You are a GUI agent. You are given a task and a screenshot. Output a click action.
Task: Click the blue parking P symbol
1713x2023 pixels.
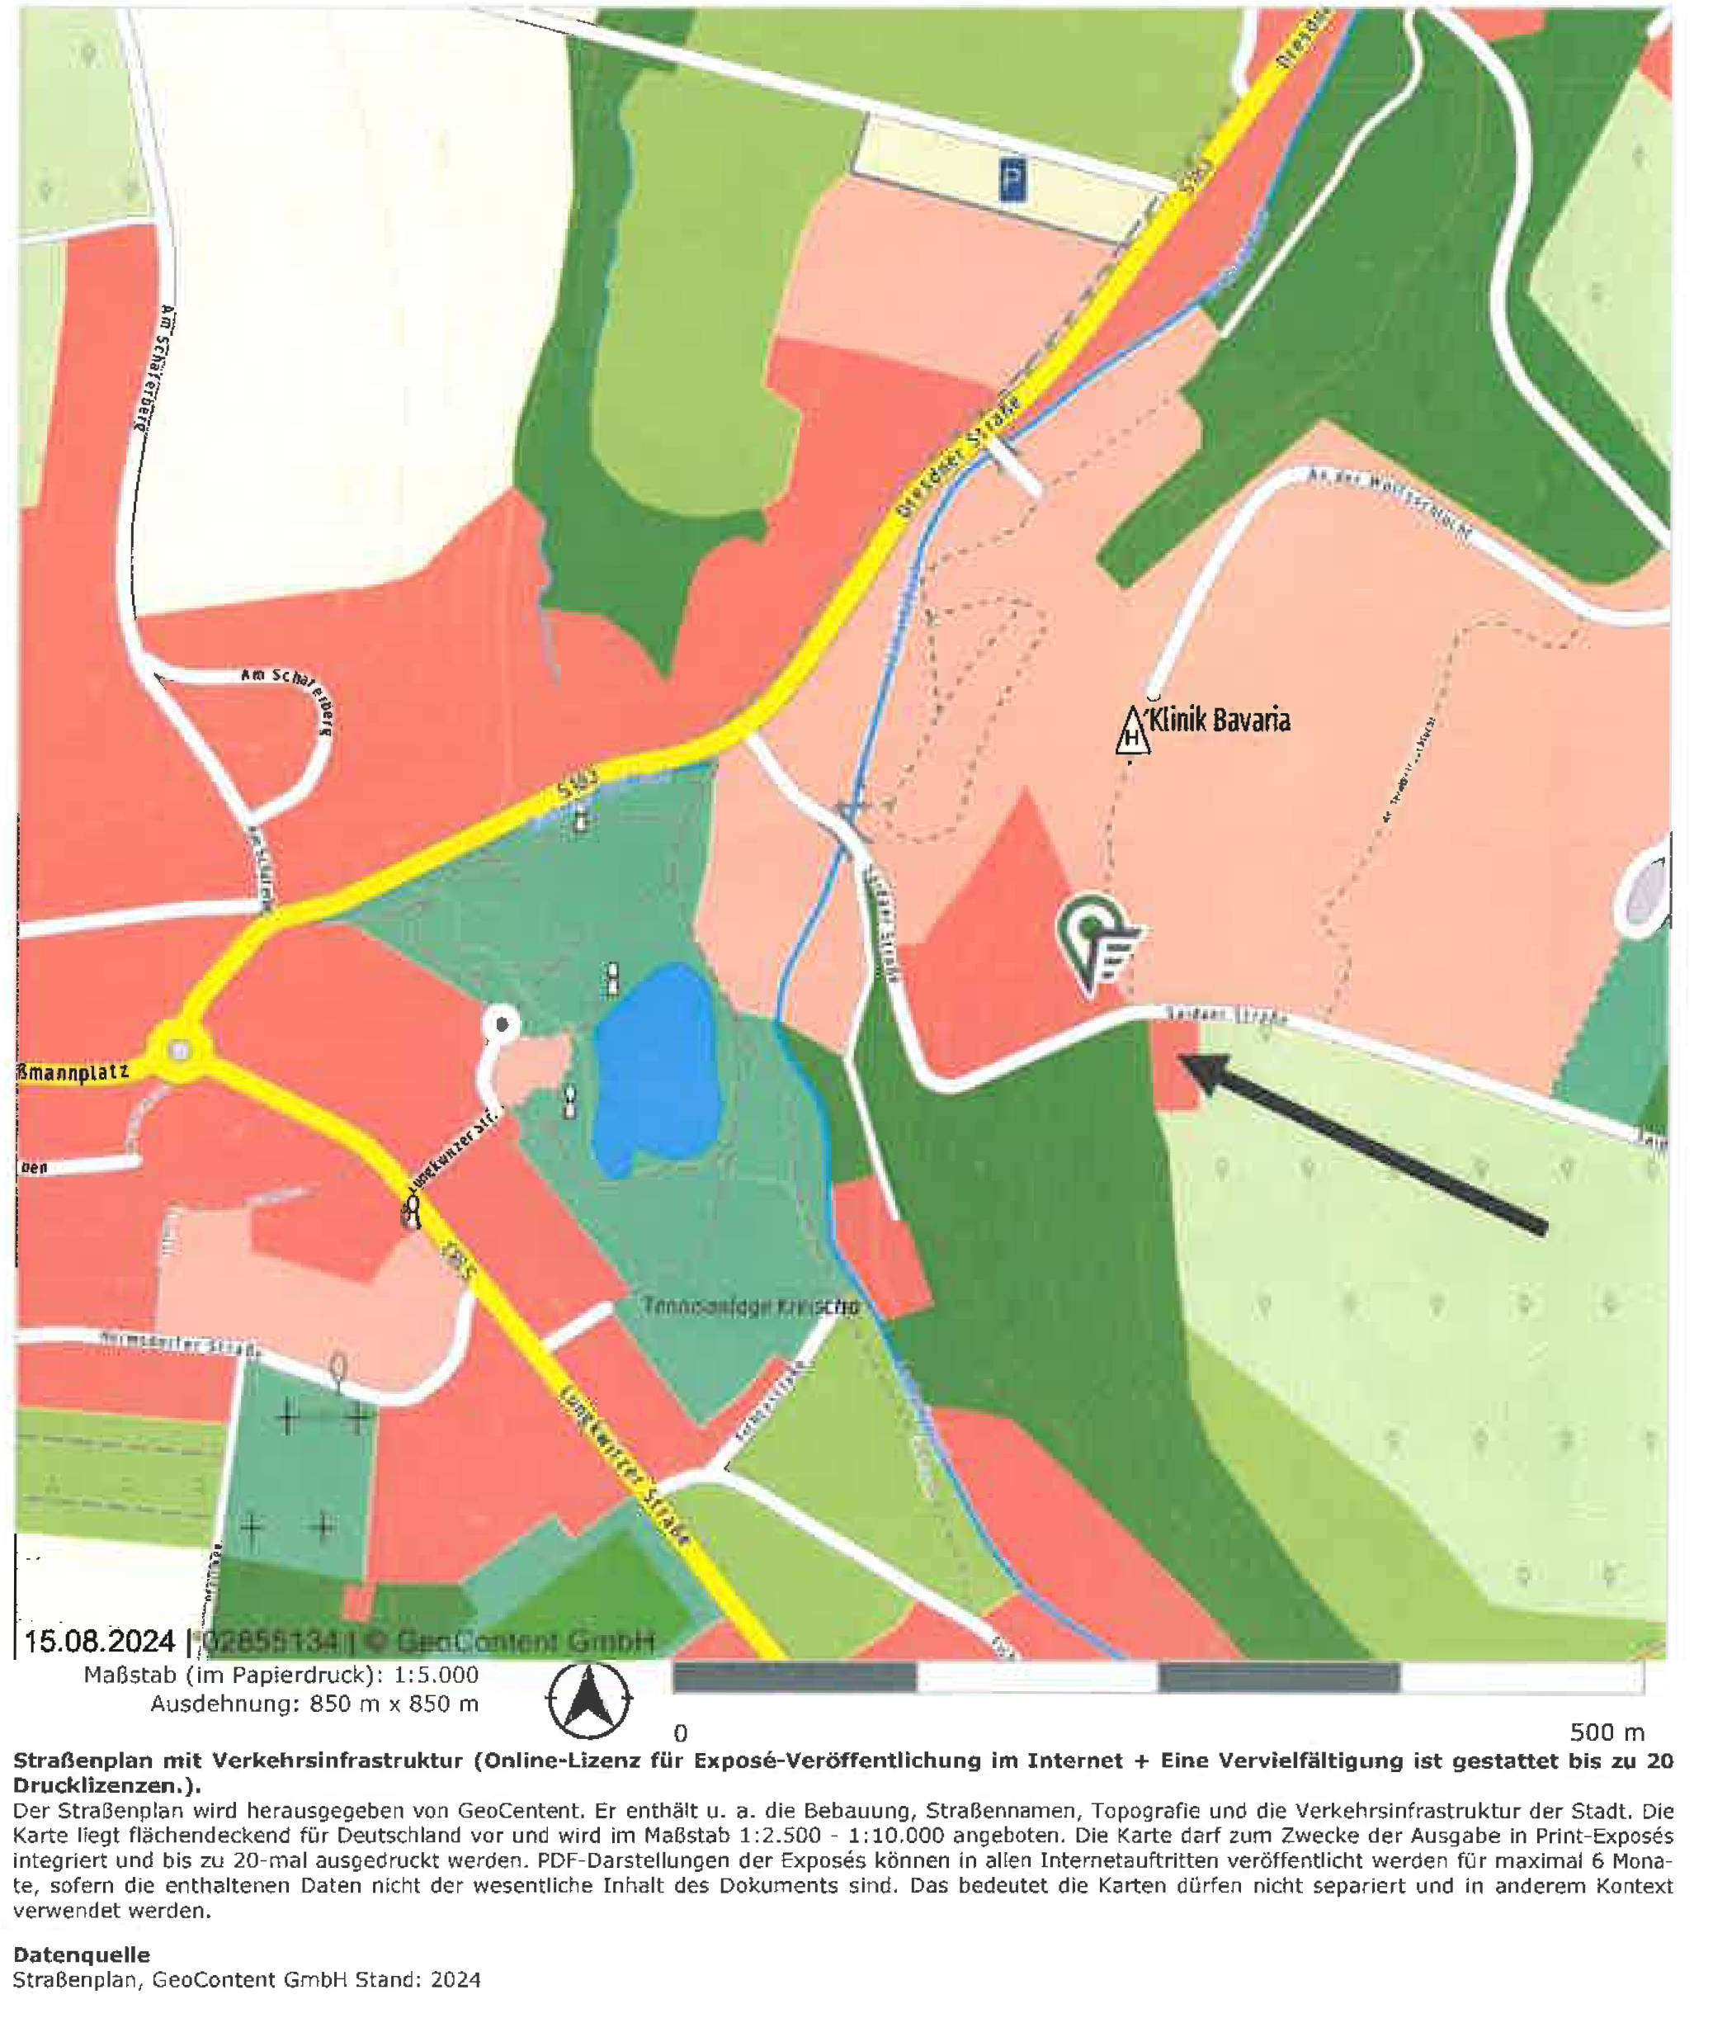(1012, 182)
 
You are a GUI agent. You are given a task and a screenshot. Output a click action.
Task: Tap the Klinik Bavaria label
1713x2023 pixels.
(1219, 720)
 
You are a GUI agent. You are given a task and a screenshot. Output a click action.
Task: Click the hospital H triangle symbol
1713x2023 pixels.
(1131, 732)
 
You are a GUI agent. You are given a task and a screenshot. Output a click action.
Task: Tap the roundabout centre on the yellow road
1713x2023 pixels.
(177, 1050)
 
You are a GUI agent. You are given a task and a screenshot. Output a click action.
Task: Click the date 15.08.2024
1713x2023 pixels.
(98, 1642)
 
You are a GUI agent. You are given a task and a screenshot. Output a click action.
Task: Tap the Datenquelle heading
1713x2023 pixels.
(82, 1954)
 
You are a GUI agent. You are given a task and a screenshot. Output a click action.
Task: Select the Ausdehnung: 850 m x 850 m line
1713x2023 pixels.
(314, 1704)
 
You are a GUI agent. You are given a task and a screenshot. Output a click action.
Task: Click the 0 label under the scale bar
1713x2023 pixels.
(681, 1733)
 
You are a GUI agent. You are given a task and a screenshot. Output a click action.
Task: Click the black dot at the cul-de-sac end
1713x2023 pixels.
(502, 1023)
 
